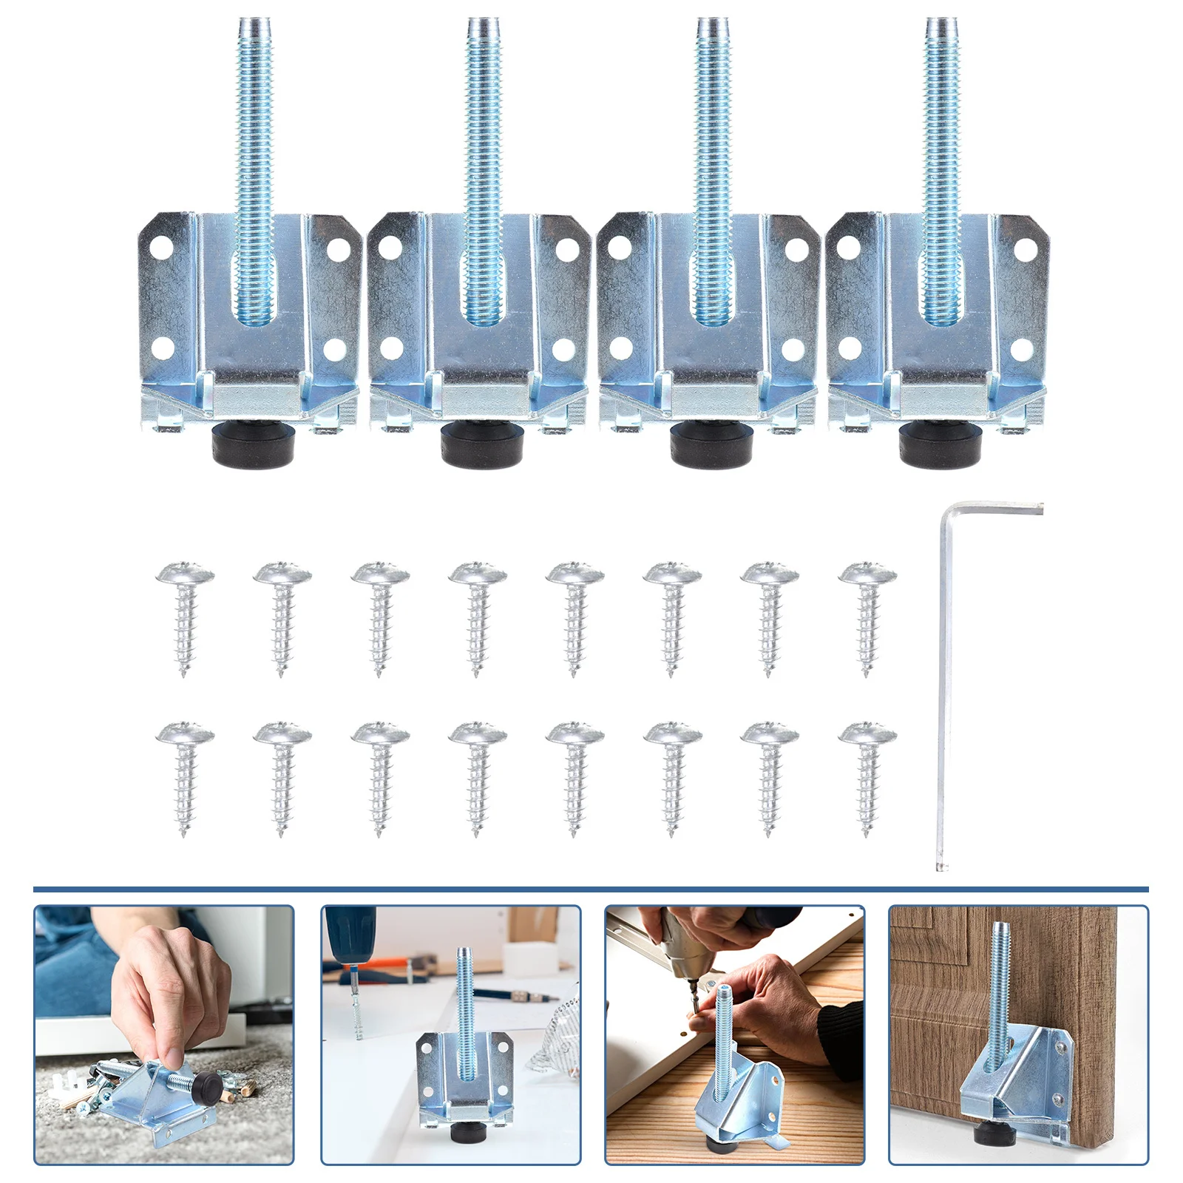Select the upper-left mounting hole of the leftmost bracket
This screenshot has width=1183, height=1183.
click(x=162, y=245)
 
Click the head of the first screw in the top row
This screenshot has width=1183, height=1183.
click(x=185, y=574)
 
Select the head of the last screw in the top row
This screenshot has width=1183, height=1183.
click(x=867, y=574)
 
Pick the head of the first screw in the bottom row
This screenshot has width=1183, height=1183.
click(x=185, y=733)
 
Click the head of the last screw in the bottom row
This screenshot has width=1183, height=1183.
click(x=867, y=733)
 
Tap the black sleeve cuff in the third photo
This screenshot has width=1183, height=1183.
click(x=839, y=1031)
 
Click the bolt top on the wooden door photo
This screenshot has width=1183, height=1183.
click(x=1000, y=929)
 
